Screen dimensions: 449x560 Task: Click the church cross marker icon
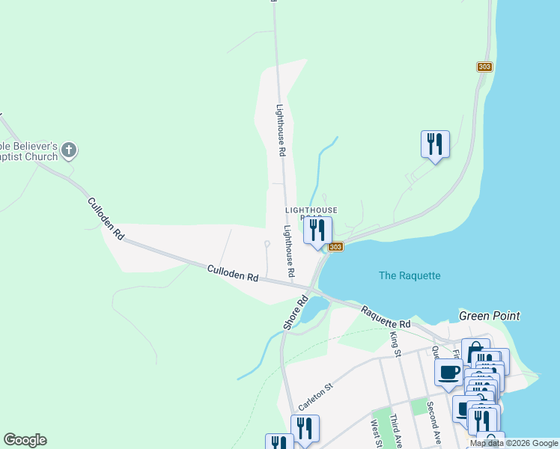(x=69, y=150)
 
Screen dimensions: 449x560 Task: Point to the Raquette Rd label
(x=386, y=317)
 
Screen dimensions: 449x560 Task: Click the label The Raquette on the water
(x=410, y=275)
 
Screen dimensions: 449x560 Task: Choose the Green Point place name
(x=489, y=316)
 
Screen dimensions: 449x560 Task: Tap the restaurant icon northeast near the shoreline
(x=435, y=144)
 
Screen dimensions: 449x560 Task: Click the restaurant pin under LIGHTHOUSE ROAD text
(x=317, y=231)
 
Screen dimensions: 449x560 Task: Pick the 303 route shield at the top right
(x=484, y=67)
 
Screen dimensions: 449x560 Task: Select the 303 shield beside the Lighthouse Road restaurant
(x=335, y=247)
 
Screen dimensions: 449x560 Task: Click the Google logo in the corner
(x=25, y=440)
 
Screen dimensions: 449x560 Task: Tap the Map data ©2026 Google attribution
(x=513, y=443)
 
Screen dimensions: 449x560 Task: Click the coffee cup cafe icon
(x=448, y=372)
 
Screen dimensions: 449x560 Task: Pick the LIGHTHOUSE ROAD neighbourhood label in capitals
(x=311, y=212)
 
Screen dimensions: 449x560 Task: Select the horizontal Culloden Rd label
(x=232, y=275)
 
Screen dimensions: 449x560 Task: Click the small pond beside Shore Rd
(x=314, y=305)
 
